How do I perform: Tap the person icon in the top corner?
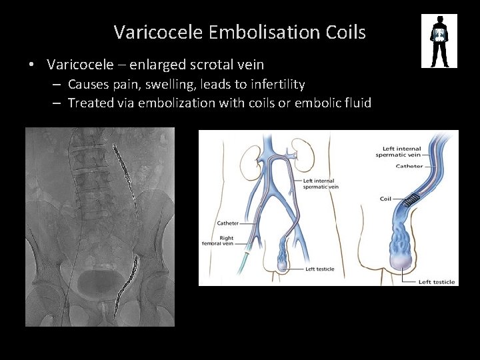(x=439, y=41)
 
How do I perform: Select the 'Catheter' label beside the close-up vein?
(x=409, y=166)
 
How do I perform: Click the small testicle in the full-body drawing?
(x=283, y=265)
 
